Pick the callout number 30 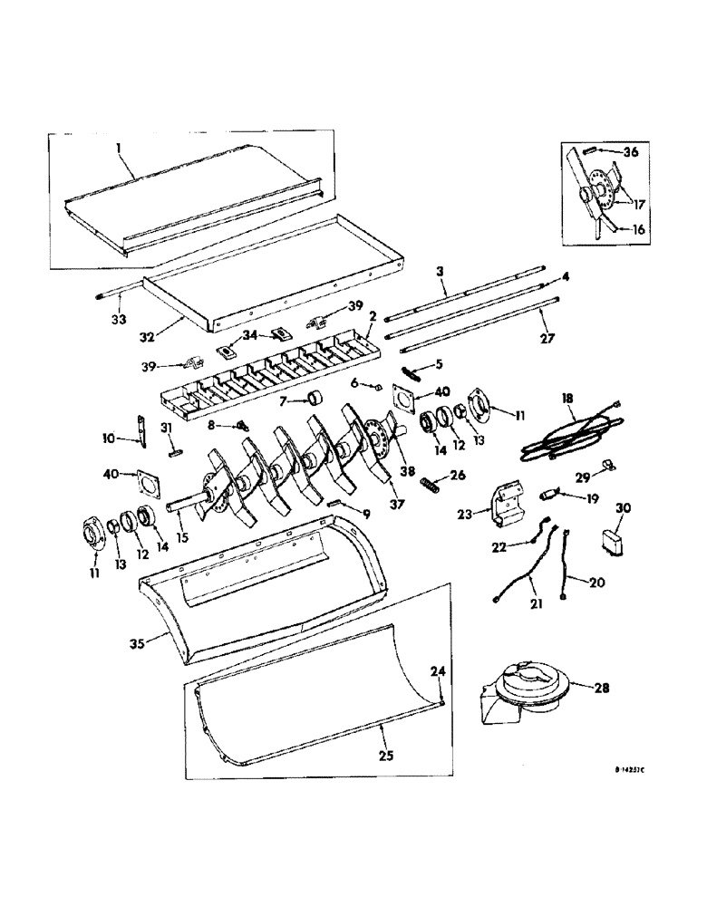click(625, 508)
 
